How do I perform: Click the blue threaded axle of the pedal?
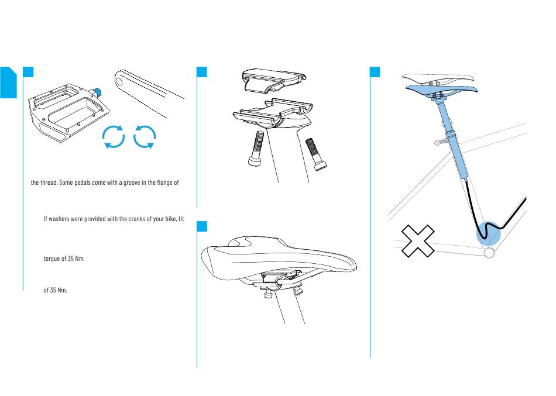[x=97, y=92]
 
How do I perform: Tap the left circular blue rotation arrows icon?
[x=114, y=136]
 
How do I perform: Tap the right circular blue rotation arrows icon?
[x=145, y=136]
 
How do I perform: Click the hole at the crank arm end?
[x=119, y=82]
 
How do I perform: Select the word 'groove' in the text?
[x=132, y=183]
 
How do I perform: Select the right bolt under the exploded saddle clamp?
[x=316, y=154]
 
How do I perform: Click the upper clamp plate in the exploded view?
[x=273, y=81]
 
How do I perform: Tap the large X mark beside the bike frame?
[x=418, y=241]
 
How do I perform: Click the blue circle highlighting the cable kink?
[x=488, y=233]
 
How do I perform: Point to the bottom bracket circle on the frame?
[x=489, y=253]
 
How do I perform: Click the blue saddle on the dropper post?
[x=441, y=89]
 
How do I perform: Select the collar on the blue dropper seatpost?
[x=451, y=133]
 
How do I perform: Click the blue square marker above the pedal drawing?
[x=28, y=72]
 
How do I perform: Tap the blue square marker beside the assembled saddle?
[x=202, y=226]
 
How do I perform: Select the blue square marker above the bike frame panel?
[x=375, y=72]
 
